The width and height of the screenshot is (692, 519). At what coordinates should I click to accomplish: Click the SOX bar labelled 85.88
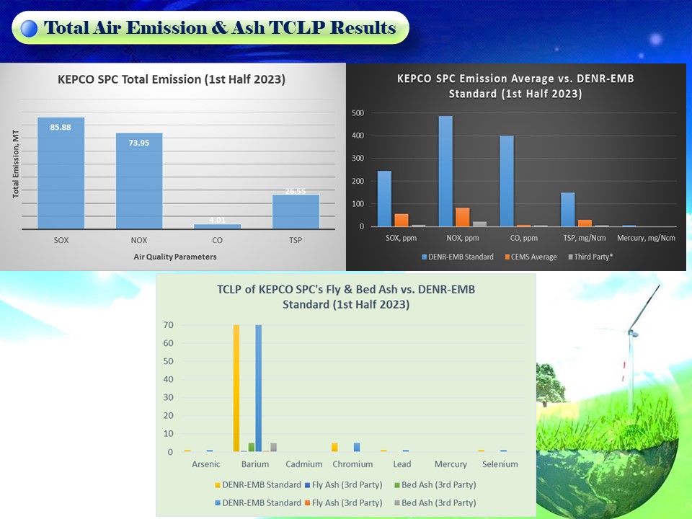pos(61,173)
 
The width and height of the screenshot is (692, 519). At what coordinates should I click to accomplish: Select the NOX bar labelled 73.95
pos(139,181)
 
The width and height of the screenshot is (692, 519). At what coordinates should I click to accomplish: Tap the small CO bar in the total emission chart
pos(218,226)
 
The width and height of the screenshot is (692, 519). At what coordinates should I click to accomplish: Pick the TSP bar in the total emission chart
pos(296,212)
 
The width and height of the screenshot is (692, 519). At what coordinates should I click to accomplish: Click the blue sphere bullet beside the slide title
pos(29,28)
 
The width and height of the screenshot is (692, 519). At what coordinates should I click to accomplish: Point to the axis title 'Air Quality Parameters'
pos(175,257)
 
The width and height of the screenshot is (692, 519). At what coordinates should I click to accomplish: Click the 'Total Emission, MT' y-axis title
pos(16,164)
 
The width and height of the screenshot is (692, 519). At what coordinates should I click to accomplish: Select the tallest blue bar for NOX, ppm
pos(445,172)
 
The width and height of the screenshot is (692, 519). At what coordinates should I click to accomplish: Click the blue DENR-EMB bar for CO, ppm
pos(507,181)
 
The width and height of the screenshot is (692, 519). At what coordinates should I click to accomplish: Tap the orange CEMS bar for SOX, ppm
pos(402,220)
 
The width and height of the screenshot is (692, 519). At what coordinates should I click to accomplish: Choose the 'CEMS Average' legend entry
pos(531,257)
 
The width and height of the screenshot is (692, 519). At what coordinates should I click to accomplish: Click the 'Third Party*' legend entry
pos(590,257)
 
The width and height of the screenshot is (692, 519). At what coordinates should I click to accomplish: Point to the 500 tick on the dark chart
pos(358,113)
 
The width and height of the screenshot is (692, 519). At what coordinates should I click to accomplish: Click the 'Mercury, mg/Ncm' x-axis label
pos(646,238)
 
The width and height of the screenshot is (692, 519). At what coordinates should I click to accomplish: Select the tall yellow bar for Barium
pos(236,389)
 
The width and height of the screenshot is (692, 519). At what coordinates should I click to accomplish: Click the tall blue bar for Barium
pos(259,389)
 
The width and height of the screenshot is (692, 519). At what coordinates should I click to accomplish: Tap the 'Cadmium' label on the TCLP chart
pos(303,463)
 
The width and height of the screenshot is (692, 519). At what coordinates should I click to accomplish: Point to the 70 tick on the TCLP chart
pos(168,325)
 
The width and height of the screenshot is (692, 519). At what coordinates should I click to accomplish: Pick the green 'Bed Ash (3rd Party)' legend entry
pos(435,484)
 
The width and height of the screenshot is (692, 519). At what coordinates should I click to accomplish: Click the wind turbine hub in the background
pos(633,333)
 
